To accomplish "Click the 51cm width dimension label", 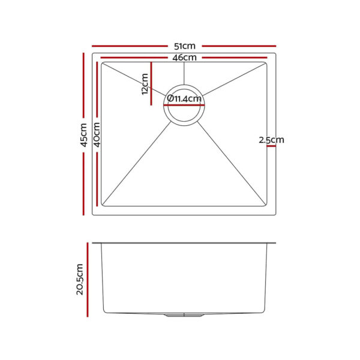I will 184,46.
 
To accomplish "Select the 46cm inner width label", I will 184,58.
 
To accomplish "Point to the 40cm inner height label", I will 97,134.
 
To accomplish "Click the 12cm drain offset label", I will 144,84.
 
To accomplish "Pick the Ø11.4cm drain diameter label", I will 184,98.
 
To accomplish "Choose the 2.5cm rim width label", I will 271,140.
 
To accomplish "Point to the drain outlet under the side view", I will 184,315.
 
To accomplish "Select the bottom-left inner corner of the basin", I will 102,205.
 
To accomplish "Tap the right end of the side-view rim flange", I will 275,243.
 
